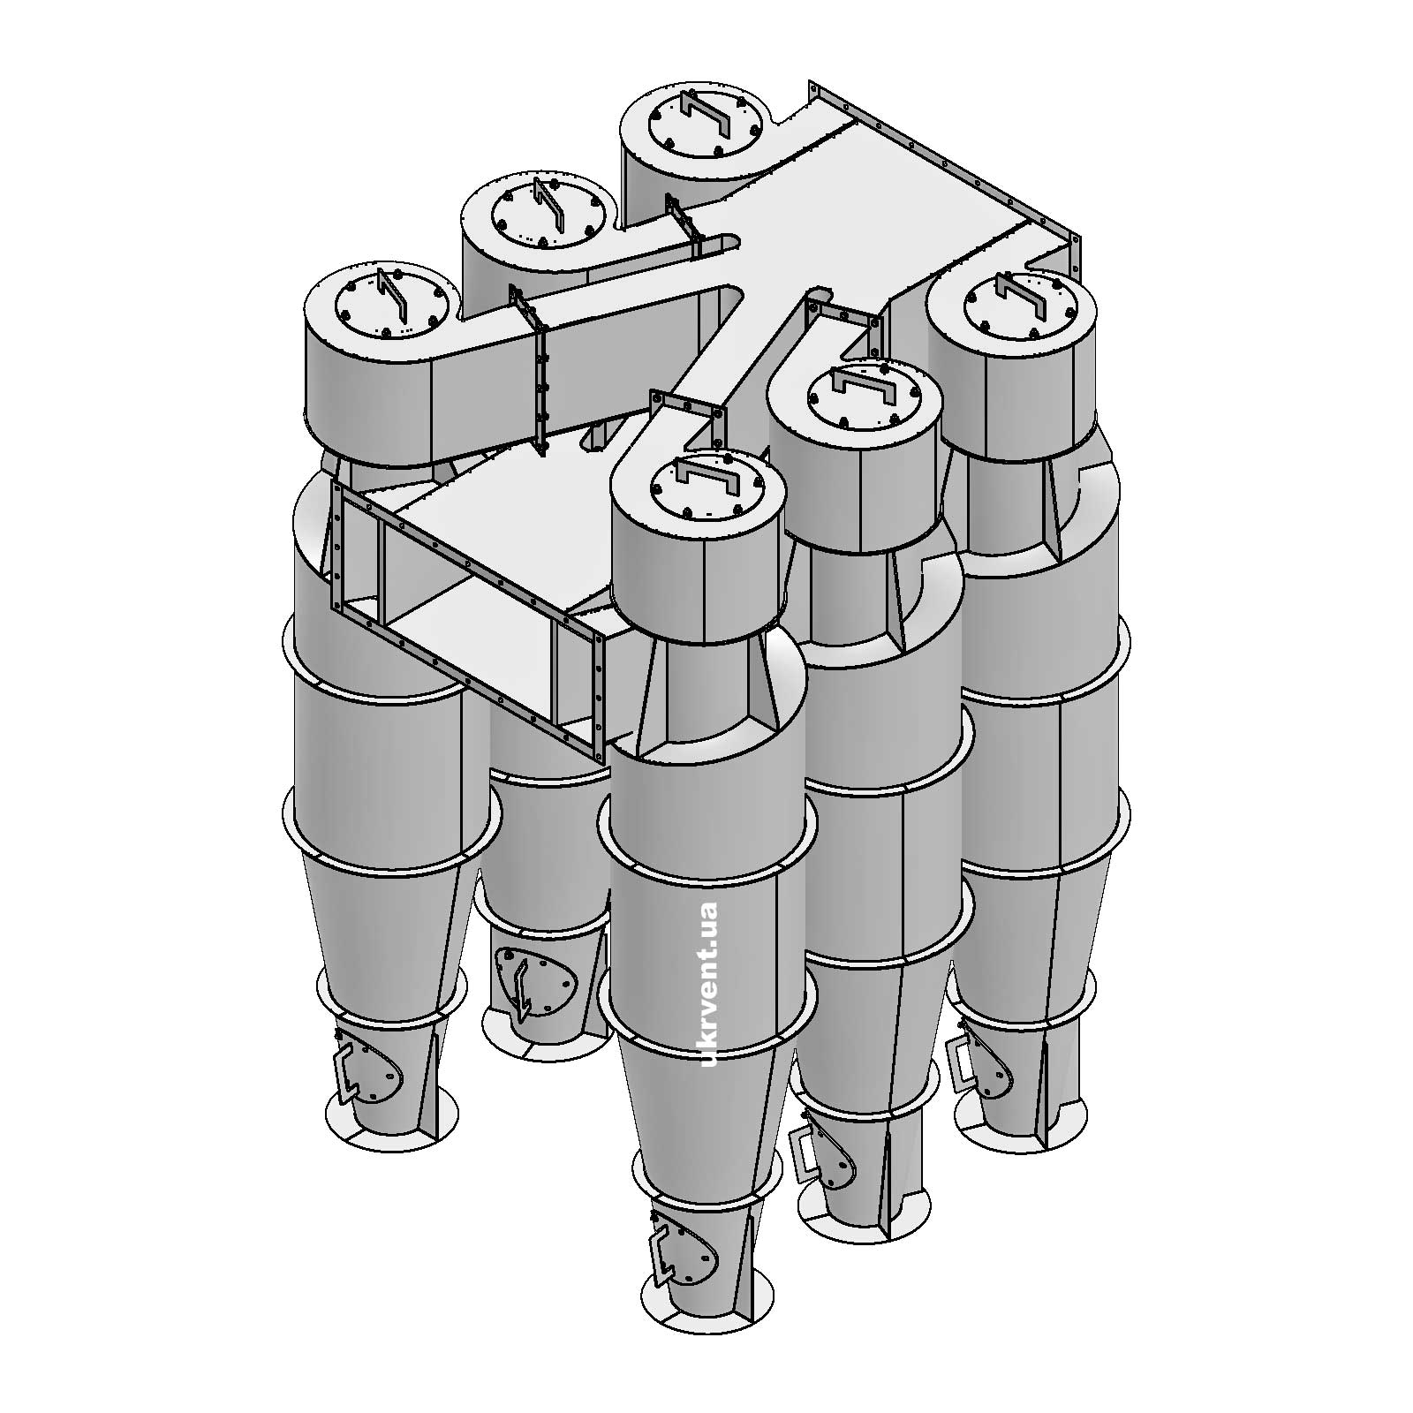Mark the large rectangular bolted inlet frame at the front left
(x=468, y=618)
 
